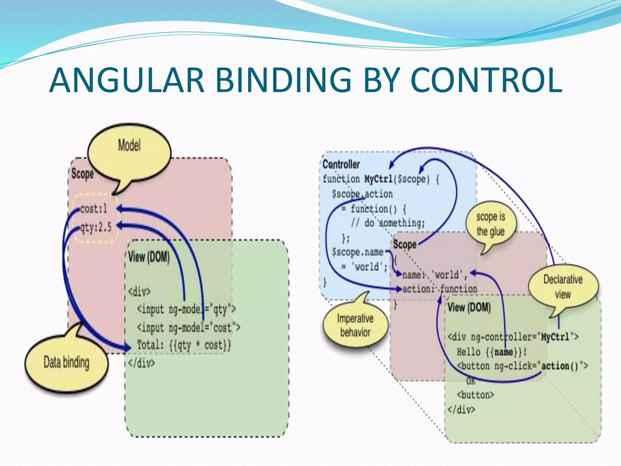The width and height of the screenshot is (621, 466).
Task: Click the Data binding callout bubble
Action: pos(66,363)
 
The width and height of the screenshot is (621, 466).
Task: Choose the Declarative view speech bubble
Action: pos(563,287)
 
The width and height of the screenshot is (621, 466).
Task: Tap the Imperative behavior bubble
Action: pos(355,326)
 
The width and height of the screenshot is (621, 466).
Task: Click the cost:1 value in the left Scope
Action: pos(94,209)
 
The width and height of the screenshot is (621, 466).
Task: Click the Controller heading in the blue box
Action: pos(341,164)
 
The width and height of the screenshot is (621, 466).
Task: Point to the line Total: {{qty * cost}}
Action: pos(184,345)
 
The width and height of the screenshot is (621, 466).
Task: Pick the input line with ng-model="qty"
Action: pos(186,309)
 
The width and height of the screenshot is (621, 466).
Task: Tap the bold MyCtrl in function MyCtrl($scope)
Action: pos(378,179)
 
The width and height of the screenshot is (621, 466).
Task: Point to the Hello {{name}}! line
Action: pos(492,352)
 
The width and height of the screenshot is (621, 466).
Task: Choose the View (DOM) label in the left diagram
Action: pos(149,257)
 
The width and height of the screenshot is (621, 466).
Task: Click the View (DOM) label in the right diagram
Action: pos(469,307)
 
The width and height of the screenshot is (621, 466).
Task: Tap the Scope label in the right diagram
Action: pos(404,245)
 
